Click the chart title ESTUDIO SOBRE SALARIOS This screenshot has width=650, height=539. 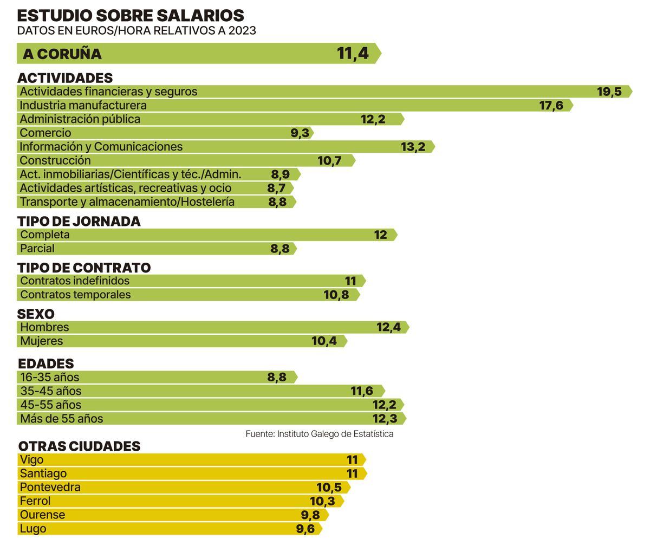pos(130,15)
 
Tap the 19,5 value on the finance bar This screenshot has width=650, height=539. pos(609,92)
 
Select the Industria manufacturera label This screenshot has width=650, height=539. pos(83,105)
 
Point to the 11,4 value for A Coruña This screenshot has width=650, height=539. pos(353,54)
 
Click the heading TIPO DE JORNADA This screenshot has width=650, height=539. pos(79,221)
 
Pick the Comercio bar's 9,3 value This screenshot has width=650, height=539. pos(300,133)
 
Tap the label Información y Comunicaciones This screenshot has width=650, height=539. pos(101,147)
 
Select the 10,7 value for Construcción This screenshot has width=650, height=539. pos(329,160)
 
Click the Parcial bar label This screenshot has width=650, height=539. pos(37,249)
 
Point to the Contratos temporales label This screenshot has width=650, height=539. pos(75,295)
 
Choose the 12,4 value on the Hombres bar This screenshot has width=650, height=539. pos(388,327)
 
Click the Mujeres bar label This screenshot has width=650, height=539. pos(41,341)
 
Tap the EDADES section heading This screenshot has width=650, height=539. pos(45,363)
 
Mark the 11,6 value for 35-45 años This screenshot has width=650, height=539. pos(361,391)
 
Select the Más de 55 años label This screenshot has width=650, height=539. pos(61,419)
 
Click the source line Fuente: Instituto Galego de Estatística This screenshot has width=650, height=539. pos(319,434)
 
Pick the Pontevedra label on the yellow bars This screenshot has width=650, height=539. pos(50,487)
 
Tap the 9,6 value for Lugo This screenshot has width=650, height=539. pos(305,529)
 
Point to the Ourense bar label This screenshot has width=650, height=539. pos(42,515)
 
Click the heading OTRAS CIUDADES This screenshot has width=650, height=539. pos(79,446)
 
